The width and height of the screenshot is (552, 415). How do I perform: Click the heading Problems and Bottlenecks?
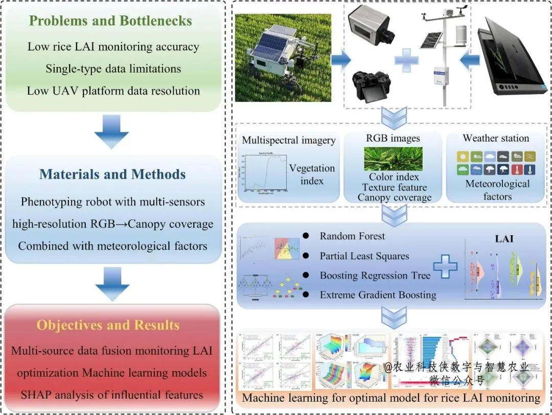[x=110, y=21]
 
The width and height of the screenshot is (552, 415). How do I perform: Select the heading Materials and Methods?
[x=112, y=174]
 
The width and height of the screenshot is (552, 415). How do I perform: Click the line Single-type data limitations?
[x=113, y=68]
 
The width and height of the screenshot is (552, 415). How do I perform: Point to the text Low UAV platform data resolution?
[x=113, y=91]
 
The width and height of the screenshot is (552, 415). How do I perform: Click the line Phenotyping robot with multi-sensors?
[x=112, y=201]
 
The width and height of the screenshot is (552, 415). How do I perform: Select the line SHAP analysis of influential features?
[x=111, y=395]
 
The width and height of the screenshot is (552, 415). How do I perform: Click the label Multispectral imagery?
[x=289, y=140]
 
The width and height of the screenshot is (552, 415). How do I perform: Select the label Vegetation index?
[x=312, y=174]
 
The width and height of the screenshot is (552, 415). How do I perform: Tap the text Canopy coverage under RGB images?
[x=394, y=197]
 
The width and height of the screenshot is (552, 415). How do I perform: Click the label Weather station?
[x=496, y=138]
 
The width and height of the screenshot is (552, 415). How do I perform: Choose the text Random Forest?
[x=352, y=236]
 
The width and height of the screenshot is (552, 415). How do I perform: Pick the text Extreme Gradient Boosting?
[x=378, y=294]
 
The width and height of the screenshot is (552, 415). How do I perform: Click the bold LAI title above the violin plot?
[x=504, y=239]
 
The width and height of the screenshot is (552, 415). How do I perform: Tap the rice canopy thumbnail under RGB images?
[x=393, y=158]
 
